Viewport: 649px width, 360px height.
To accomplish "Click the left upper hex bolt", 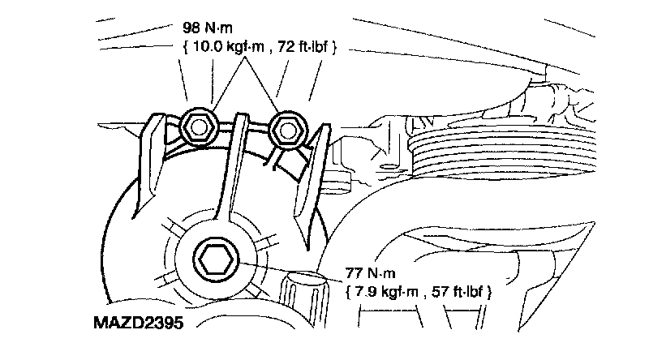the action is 199,128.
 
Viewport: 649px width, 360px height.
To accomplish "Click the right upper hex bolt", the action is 288,130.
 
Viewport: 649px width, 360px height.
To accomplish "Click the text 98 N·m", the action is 208,28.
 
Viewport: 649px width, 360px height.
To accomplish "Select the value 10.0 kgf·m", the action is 228,46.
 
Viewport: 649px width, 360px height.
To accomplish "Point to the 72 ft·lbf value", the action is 303,46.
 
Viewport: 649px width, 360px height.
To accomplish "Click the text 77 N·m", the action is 371,273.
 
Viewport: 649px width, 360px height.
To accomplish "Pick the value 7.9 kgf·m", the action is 387,292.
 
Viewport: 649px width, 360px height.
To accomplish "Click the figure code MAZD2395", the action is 138,323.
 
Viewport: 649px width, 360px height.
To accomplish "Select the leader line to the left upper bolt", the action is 229,84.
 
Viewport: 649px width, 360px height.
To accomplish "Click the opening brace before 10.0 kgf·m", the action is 186,47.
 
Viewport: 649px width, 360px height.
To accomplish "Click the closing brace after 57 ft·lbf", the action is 489,292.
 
